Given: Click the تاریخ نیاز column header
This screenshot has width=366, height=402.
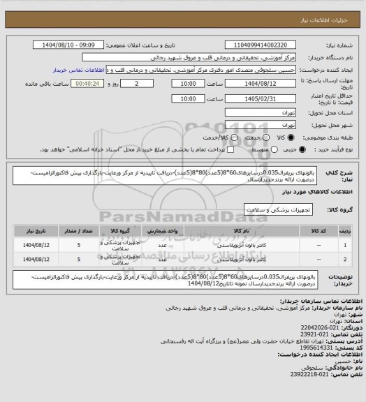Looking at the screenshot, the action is [x=28, y=229].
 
